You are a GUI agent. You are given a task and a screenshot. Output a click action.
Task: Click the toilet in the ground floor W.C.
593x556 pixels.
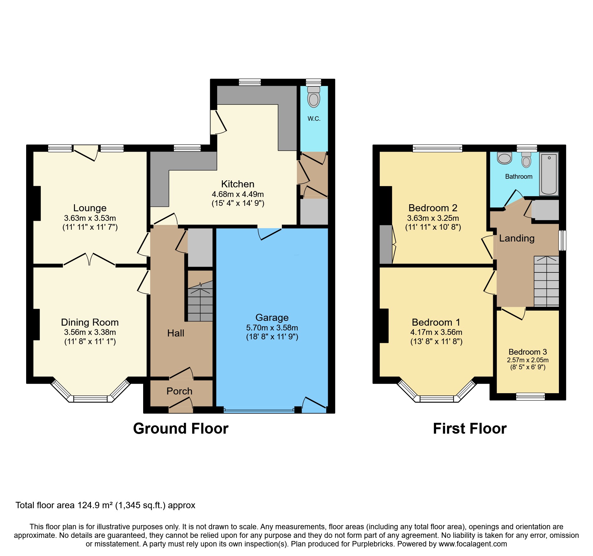click(x=314, y=97)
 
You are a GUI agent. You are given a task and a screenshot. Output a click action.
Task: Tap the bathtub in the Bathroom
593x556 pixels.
click(x=549, y=174)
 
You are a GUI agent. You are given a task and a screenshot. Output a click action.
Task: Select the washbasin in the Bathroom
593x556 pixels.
click(x=504, y=158)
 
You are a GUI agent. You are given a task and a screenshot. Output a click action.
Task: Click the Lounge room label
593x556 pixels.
click(x=90, y=208)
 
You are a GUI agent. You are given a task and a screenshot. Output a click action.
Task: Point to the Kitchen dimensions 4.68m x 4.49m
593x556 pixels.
click(x=238, y=194)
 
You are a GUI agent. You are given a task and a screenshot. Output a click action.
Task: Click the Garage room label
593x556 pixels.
click(x=272, y=317)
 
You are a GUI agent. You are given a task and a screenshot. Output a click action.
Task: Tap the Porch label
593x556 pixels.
click(x=179, y=391)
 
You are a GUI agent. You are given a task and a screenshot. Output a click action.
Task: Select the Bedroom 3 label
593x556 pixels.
click(x=528, y=352)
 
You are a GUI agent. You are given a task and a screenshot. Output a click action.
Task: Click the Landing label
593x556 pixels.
click(x=517, y=238)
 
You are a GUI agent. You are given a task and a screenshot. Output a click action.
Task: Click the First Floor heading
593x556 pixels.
click(x=470, y=429)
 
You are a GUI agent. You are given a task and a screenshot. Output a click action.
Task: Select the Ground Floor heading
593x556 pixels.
click(x=181, y=429)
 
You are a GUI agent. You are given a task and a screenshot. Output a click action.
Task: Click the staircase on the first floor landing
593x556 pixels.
click(x=546, y=281)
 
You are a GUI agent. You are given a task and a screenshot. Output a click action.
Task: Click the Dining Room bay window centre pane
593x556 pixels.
click(x=90, y=399)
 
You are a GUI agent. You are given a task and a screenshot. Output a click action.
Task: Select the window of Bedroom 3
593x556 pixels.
click(x=531, y=396)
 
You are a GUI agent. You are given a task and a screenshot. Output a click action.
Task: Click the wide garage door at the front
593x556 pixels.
click(x=259, y=411)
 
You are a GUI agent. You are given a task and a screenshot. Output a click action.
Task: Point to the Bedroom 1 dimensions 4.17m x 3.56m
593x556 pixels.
click(x=436, y=332)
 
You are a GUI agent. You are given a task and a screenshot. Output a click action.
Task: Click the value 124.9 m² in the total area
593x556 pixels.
click(x=95, y=505)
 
